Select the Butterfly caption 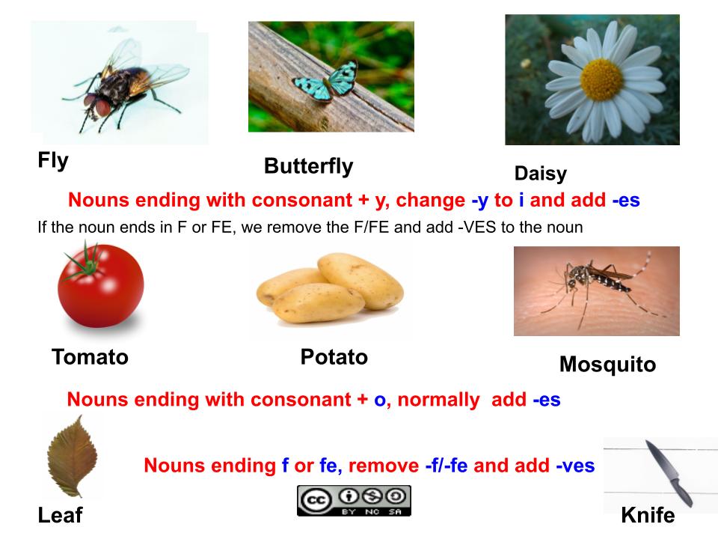pos(308,166)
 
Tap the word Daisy pos(540,174)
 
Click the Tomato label pos(90,358)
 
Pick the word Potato pos(334,358)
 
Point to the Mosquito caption pos(607,365)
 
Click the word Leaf pos(60,516)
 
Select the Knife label pos(648,516)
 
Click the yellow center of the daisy pos(601,80)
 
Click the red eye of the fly pos(102,107)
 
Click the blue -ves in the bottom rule pos(574,466)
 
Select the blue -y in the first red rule pos(479,201)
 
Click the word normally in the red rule pos(438,400)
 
